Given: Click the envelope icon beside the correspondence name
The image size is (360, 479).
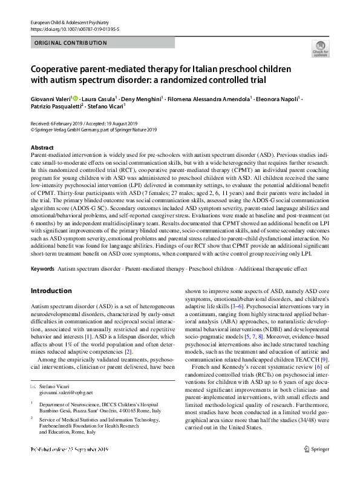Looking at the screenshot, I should pos(33,386).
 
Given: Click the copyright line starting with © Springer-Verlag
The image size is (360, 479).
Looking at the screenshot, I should pos(93,128).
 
